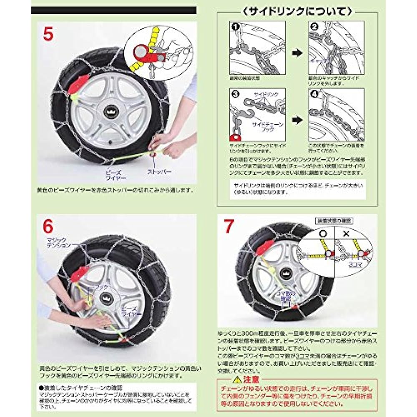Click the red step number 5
pos(48,35)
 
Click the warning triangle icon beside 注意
pos(237,380)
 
